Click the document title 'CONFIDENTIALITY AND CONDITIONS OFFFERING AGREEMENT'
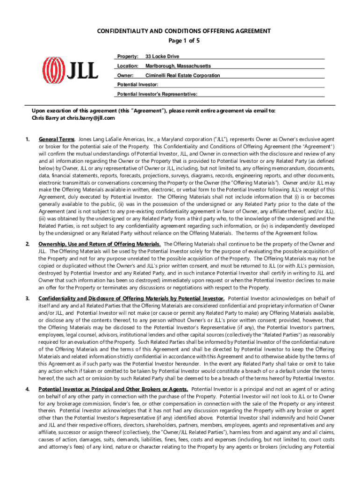pyautogui.click(x=184, y=31)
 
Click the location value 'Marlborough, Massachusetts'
pyautogui.click(x=178, y=66)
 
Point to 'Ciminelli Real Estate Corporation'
pyautogui.click(x=182, y=75)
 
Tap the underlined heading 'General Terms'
pyautogui.click(x=57, y=139)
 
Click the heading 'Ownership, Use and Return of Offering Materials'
pyautogui.click(x=100, y=244)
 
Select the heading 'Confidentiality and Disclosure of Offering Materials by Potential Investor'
pyautogui.click(x=131, y=298)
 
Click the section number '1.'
pyautogui.click(x=28, y=139)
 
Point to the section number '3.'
pyautogui.click(x=28, y=298)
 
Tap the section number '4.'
pyautogui.click(x=28, y=389)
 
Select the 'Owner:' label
pyautogui.click(x=125, y=75)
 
